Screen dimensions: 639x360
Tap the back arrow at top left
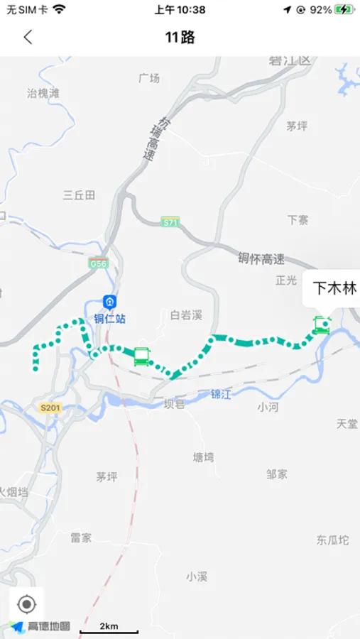28,38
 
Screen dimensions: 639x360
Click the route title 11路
180,38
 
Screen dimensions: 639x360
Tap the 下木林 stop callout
334,289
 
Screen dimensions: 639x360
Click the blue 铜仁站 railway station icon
110,302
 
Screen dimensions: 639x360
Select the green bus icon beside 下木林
322,326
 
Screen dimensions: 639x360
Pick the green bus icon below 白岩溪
141,356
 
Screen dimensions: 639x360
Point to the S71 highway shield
170,222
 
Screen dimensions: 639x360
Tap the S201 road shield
51,408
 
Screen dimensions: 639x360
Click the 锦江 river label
221,395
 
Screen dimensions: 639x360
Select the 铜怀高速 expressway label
261,259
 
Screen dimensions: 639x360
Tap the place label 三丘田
79,195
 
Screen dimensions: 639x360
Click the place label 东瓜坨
333,540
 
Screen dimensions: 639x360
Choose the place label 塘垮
203,458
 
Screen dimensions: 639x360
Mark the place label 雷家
81,537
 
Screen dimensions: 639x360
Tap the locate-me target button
26,604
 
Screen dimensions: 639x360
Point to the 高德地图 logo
40,626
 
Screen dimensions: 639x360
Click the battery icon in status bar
344,10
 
